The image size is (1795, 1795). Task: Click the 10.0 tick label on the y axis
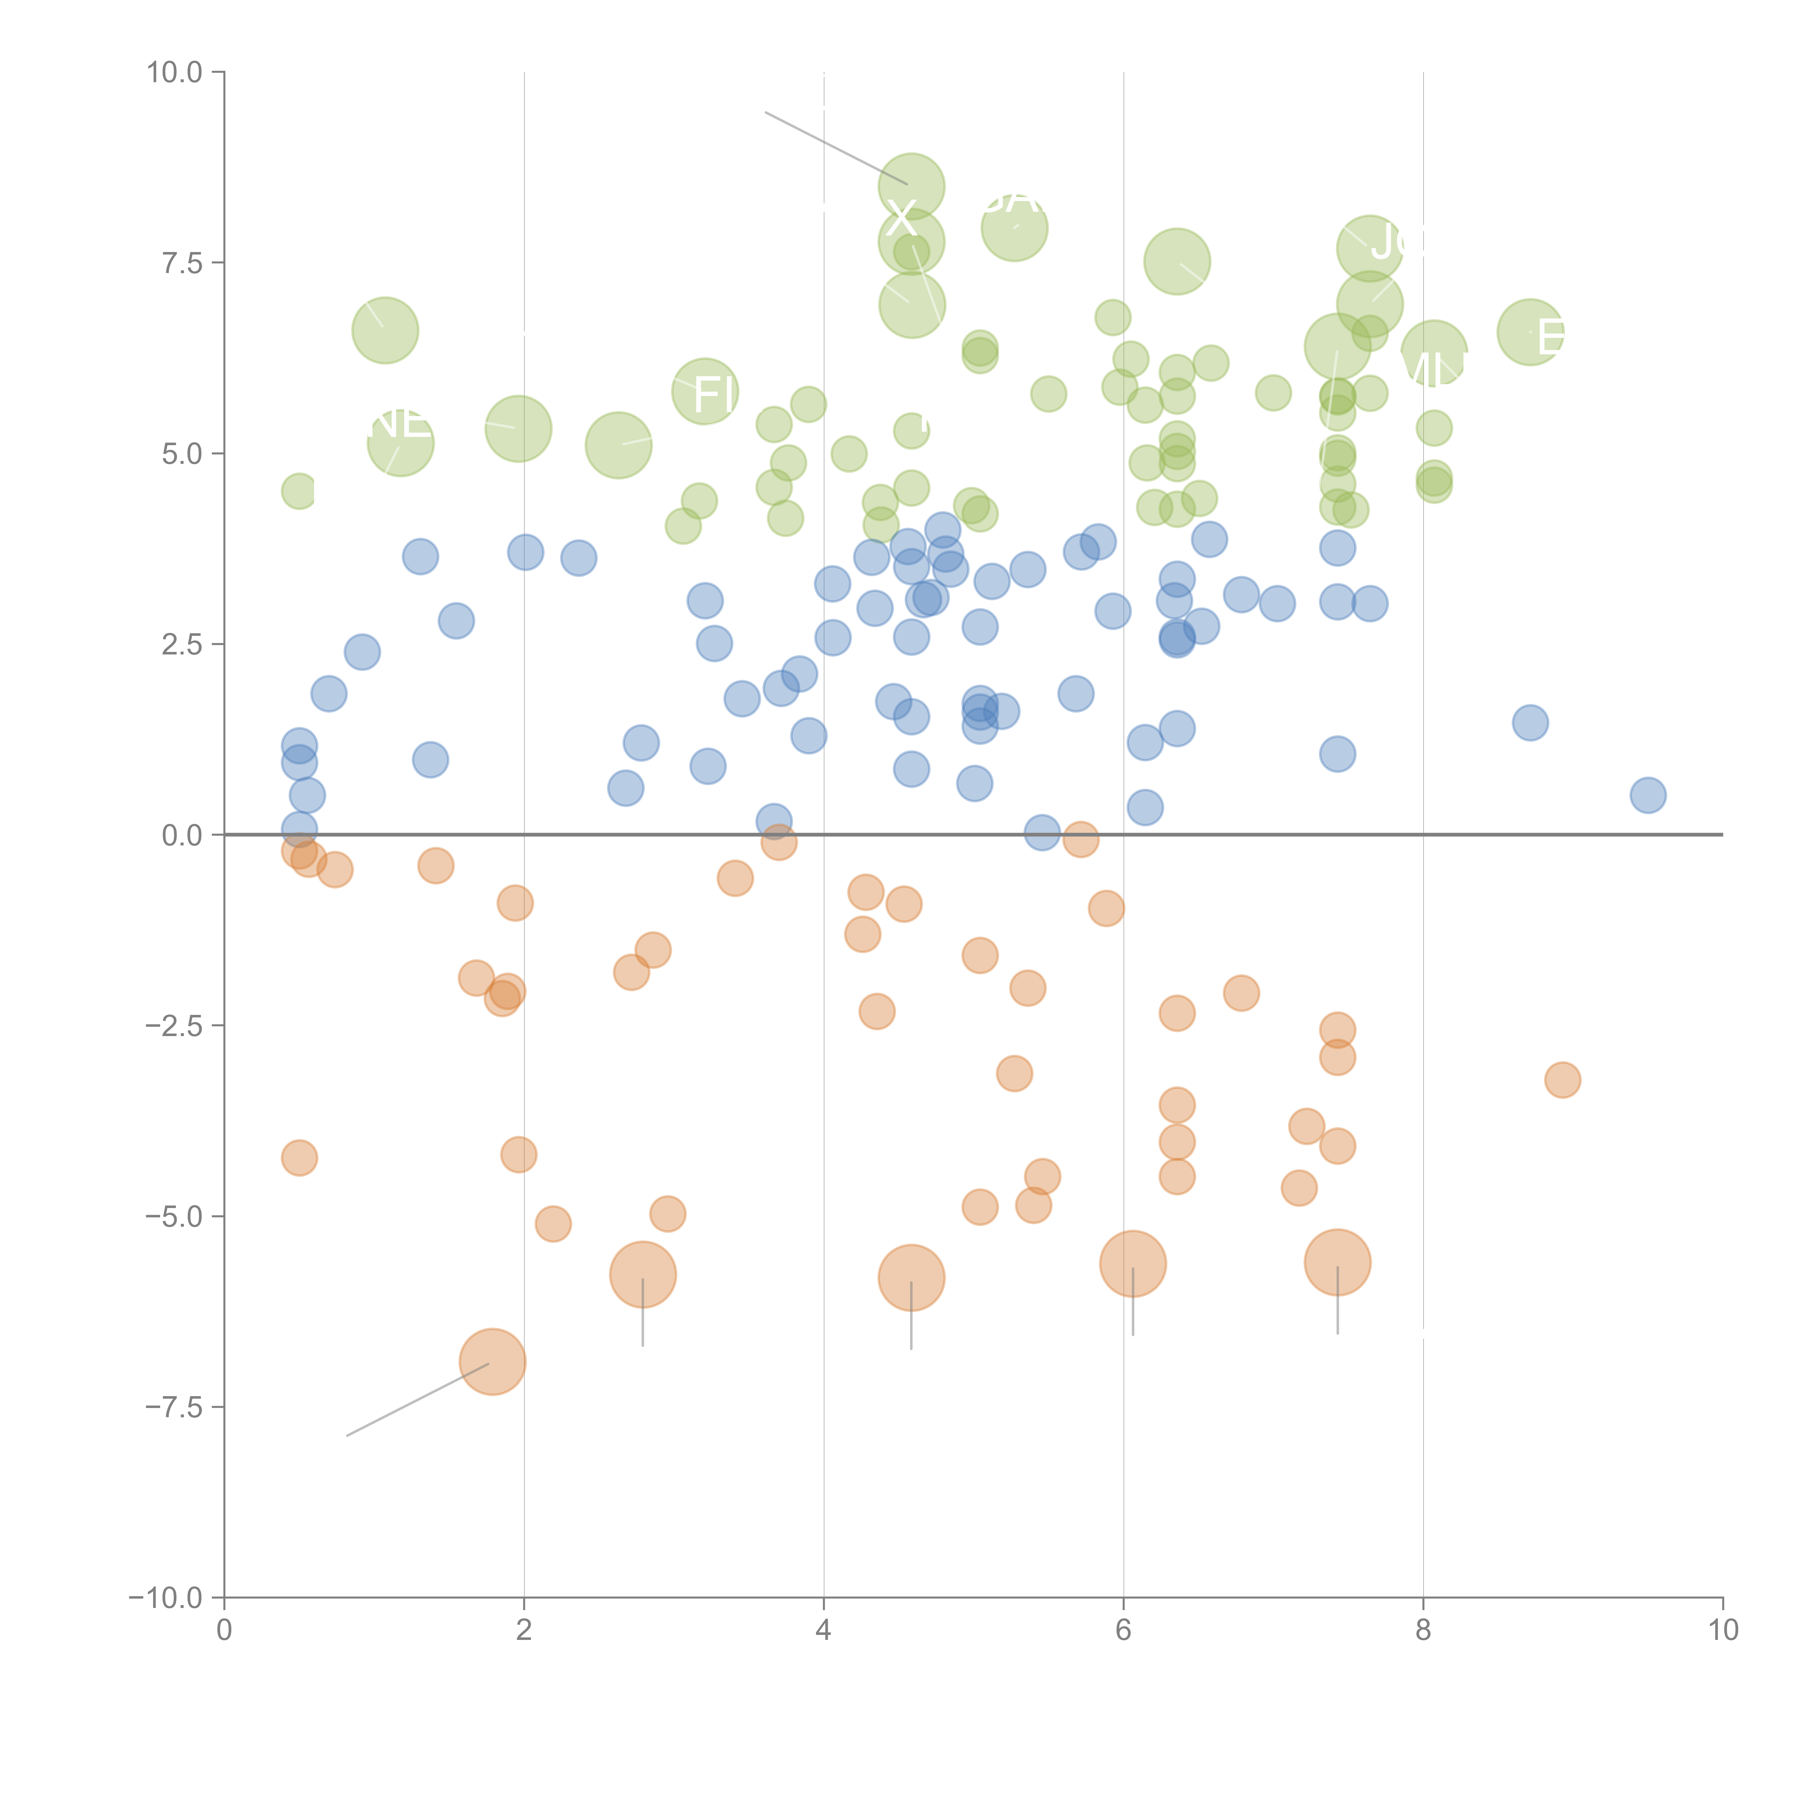pyautogui.click(x=175, y=73)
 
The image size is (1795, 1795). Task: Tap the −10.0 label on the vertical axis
pyautogui.click(x=167, y=1598)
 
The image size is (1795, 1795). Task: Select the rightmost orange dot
pyautogui.click(x=1563, y=1080)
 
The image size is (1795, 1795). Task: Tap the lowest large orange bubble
pyautogui.click(x=493, y=1362)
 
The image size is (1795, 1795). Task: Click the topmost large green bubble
pyautogui.click(x=912, y=186)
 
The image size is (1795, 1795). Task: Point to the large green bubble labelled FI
pyautogui.click(x=705, y=391)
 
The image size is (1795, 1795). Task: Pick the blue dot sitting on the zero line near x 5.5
pyautogui.click(x=1043, y=833)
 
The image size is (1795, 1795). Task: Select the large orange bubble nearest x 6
pyautogui.click(x=1133, y=1264)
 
